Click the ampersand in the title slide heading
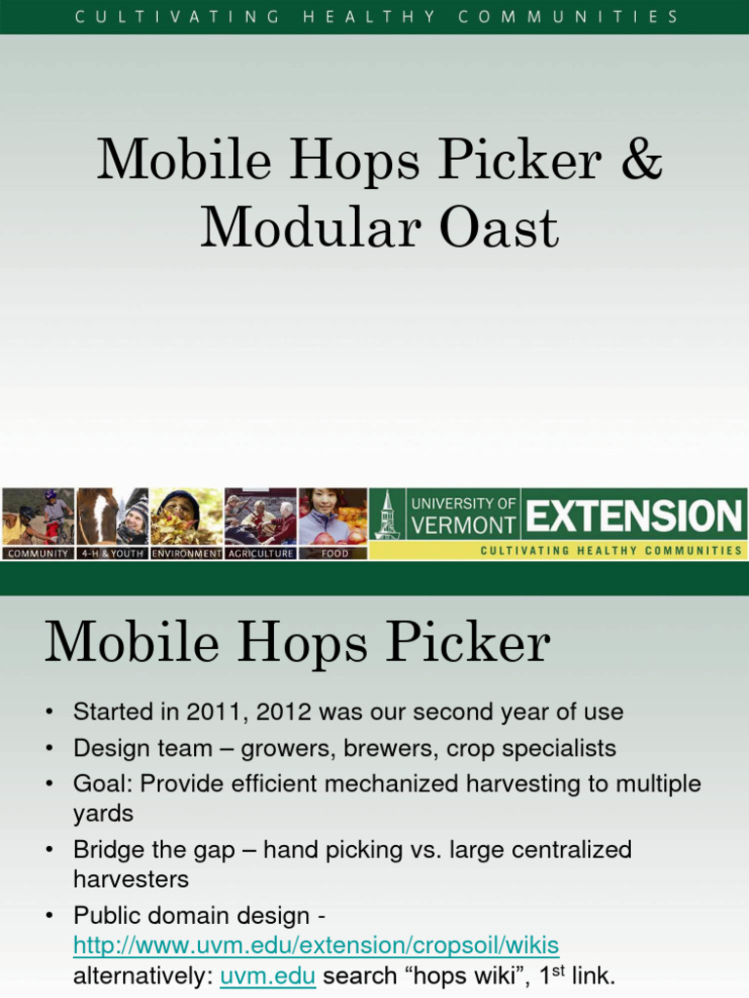pyautogui.click(x=640, y=160)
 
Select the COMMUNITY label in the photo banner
pyautogui.click(x=38, y=553)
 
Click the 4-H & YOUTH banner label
pyautogui.click(x=112, y=553)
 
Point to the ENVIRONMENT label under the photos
pyautogui.click(x=186, y=553)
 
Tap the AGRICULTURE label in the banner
pyautogui.click(x=260, y=553)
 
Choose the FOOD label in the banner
pyautogui.click(x=335, y=553)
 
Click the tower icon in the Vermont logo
pyautogui.click(x=388, y=515)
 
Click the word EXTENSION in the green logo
pyautogui.click(x=634, y=517)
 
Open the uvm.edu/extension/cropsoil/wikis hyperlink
pyautogui.click(x=316, y=944)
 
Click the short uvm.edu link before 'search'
pyautogui.click(x=268, y=976)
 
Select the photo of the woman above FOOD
pyautogui.click(x=333, y=516)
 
